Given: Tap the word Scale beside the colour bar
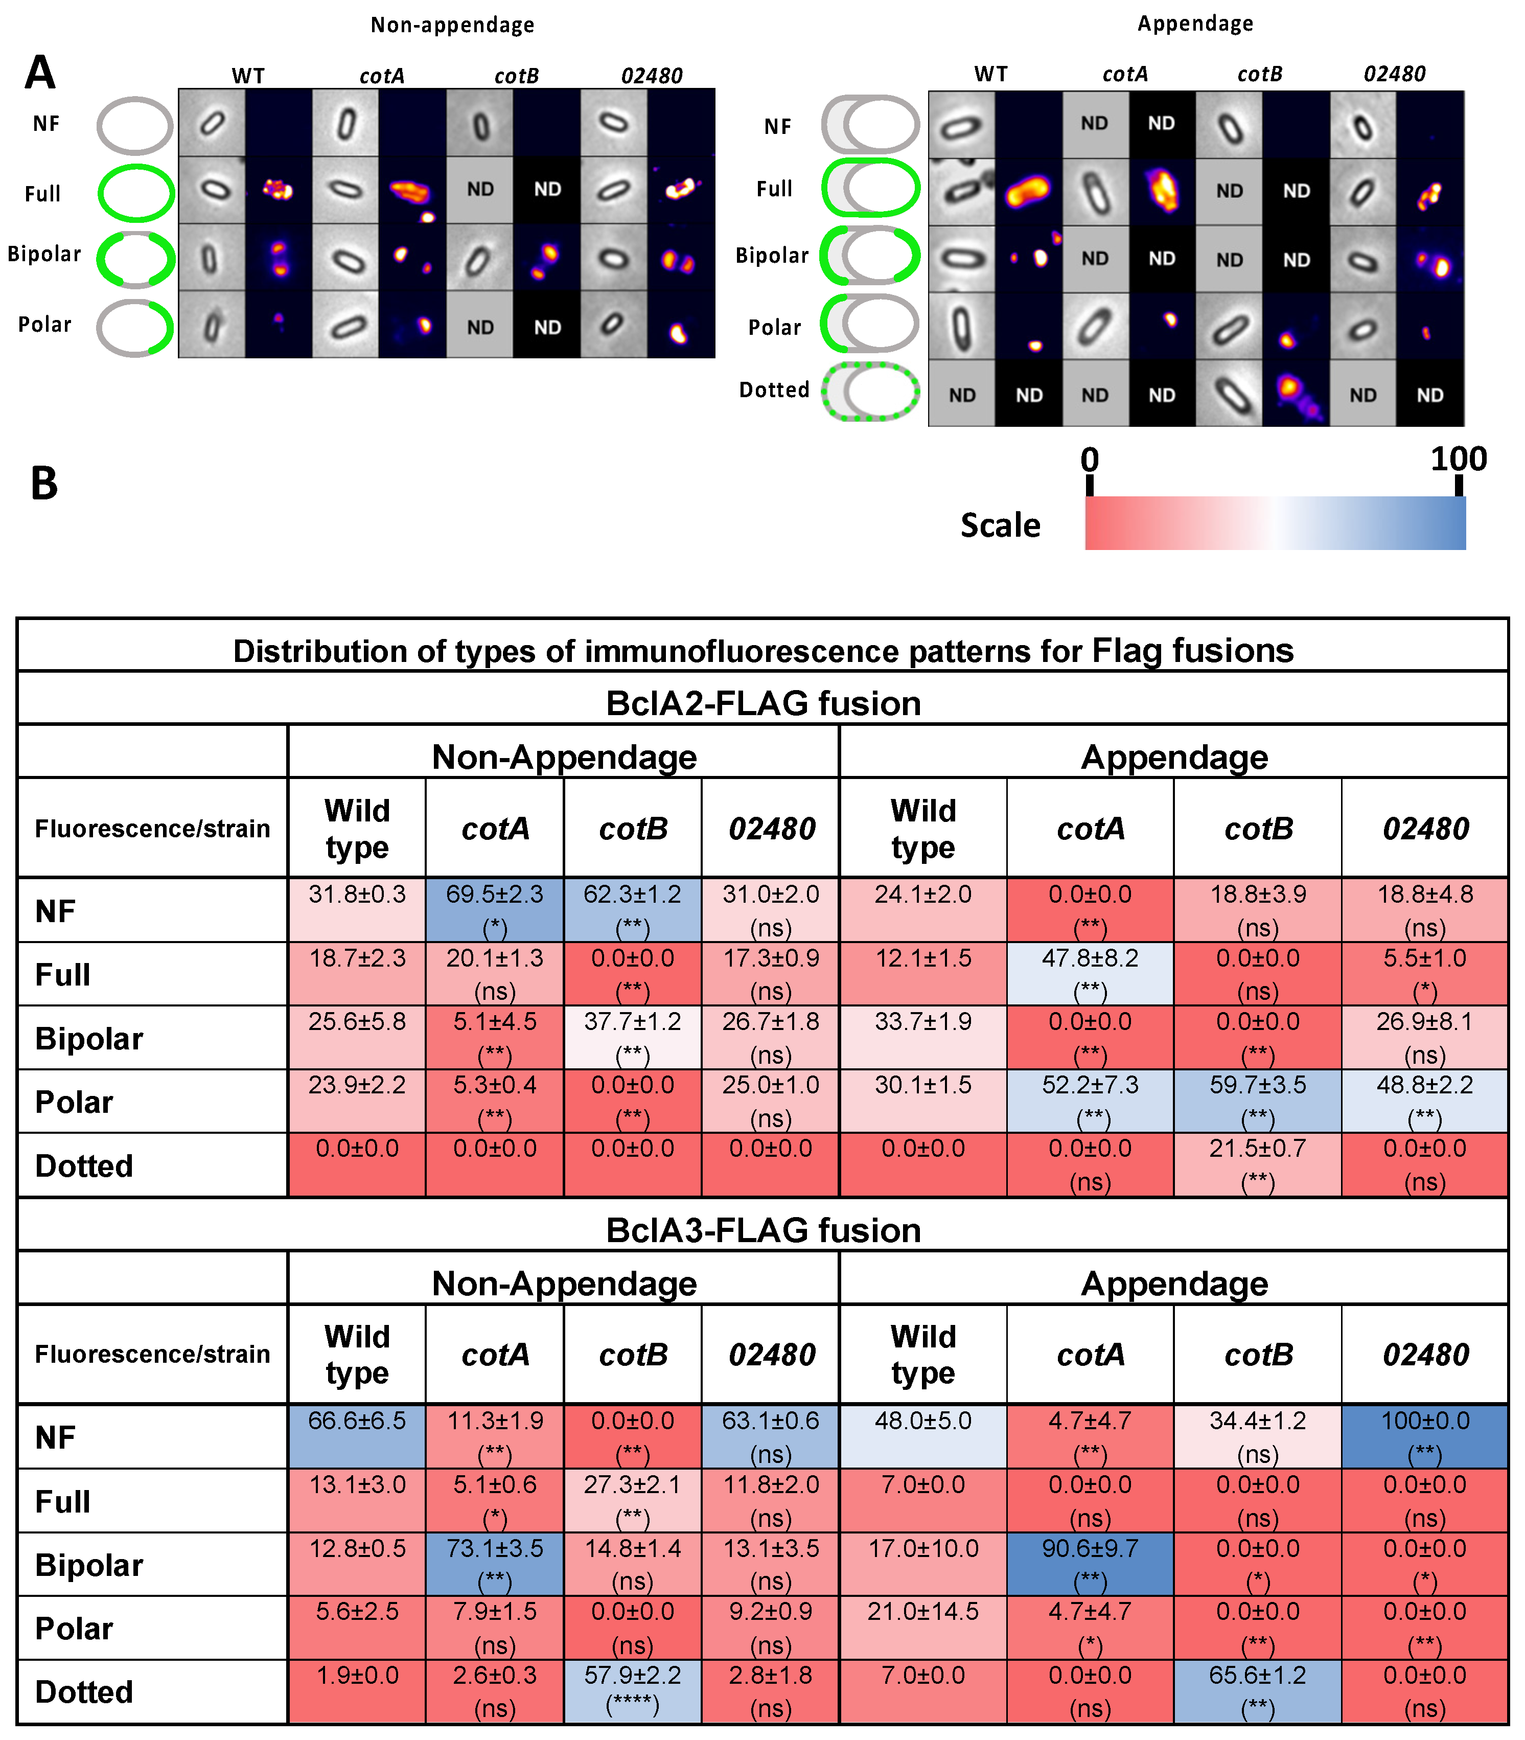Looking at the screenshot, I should (x=1000, y=525).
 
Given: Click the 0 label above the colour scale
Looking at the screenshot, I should (x=1089, y=460).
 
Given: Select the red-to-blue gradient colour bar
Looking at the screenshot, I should (x=1275, y=523).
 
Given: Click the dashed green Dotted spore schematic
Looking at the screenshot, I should (x=870, y=392).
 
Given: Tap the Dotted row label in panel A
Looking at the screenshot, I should (x=774, y=390).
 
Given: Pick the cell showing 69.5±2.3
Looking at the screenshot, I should (x=494, y=909).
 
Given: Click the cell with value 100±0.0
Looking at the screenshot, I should (x=1425, y=1436).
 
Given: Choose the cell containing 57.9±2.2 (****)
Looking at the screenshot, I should (x=632, y=1690).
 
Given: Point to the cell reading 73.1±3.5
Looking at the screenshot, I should (x=494, y=1564).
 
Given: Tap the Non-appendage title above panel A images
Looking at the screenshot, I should (x=452, y=25).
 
